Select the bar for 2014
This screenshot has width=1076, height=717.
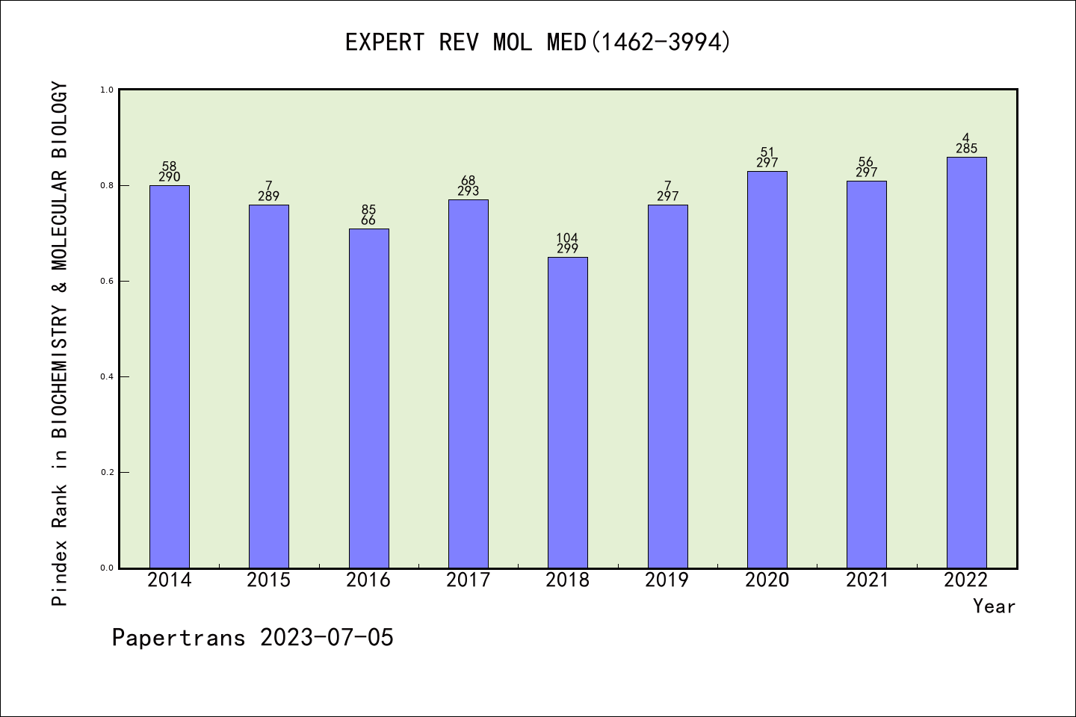point(170,376)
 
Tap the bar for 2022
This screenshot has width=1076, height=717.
point(966,362)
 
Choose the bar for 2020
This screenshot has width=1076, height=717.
point(767,370)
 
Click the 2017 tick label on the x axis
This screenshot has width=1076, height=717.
point(468,580)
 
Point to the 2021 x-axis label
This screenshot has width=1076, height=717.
point(867,580)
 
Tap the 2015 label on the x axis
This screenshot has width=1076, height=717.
point(269,580)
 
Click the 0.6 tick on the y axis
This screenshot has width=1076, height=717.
point(106,282)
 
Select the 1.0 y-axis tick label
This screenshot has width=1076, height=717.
point(106,90)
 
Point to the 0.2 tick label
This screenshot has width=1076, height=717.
point(106,473)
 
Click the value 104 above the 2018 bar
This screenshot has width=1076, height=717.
point(567,238)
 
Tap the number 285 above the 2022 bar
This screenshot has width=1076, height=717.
point(966,149)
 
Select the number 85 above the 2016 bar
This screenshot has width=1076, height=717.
point(368,210)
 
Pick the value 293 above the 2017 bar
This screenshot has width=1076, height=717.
point(468,191)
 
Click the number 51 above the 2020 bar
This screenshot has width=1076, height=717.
point(767,152)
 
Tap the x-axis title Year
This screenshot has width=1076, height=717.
point(994,606)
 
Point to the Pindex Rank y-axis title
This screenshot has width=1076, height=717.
point(60,344)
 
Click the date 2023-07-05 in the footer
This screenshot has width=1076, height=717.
point(327,638)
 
